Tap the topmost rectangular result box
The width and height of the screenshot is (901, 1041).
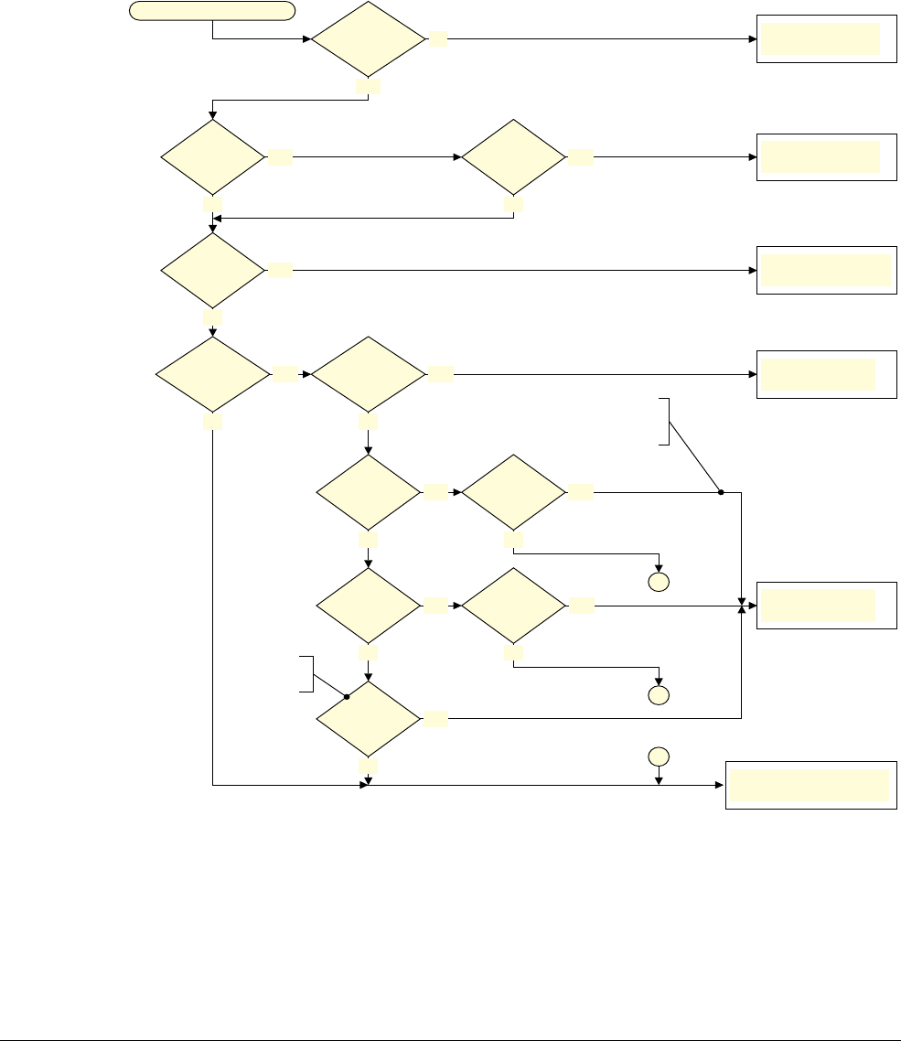(826, 39)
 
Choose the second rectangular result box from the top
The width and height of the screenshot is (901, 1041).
(826, 156)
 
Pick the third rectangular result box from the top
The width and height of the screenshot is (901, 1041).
(826, 270)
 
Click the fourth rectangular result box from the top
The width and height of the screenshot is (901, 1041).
(826, 374)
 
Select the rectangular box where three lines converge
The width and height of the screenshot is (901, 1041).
(826, 605)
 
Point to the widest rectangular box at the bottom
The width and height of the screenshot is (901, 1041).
(810, 785)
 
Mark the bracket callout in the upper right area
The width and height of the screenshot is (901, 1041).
(666, 421)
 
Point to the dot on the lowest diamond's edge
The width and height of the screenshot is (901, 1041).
(347, 697)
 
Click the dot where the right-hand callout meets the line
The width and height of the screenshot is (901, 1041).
(721, 492)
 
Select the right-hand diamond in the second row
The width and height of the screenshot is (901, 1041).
(513, 156)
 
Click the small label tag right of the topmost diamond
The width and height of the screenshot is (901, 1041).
(439, 40)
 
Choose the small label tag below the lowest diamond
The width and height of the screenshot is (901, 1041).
(369, 764)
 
